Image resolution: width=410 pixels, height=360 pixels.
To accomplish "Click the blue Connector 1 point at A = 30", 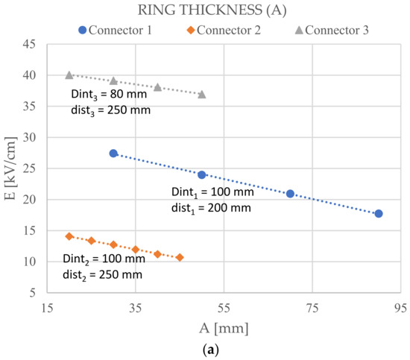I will [x=113, y=154].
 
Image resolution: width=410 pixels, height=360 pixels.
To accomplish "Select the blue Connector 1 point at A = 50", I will [x=202, y=175].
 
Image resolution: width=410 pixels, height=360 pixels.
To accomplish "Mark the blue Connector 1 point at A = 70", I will [x=290, y=194].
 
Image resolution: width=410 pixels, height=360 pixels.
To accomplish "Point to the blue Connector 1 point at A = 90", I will [x=379, y=214].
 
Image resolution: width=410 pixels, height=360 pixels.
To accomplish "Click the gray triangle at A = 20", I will [x=69, y=75].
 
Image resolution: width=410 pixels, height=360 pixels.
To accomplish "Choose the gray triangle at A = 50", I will [x=202, y=94].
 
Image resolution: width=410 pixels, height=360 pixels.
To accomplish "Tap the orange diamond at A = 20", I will [x=69, y=236].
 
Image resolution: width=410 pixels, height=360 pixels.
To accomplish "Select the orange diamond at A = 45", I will [x=180, y=257].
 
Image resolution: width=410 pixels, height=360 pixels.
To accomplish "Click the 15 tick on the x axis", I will [x=47, y=307].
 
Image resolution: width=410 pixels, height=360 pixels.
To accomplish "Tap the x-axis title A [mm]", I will [x=224, y=327].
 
